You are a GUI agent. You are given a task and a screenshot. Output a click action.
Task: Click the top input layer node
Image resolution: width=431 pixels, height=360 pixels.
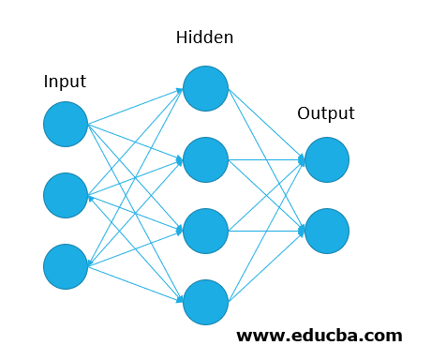(x=66, y=124)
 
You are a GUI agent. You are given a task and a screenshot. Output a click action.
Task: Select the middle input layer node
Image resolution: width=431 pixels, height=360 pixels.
(x=66, y=195)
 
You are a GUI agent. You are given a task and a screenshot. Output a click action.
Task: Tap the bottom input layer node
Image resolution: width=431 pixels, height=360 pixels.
(x=66, y=266)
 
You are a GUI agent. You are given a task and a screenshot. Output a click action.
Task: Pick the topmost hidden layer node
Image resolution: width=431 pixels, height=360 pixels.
(x=205, y=88)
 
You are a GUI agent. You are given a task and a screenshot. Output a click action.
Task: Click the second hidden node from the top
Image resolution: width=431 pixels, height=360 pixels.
(x=205, y=159)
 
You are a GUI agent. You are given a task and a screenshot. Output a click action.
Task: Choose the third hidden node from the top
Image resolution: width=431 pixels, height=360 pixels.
(x=205, y=231)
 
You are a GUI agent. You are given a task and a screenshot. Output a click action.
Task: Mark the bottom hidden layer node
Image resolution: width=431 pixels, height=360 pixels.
(x=205, y=302)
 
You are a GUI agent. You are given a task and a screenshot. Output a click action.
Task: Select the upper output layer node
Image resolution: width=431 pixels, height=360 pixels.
(x=327, y=159)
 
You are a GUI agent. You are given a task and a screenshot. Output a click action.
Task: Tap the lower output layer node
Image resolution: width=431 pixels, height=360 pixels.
(x=327, y=231)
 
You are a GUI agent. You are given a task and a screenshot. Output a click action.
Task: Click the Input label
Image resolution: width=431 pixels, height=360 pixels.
(x=65, y=82)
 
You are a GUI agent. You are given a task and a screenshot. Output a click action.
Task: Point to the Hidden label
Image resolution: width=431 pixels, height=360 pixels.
(x=204, y=38)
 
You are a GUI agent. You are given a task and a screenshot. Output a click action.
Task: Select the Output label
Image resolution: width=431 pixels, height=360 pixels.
(x=326, y=114)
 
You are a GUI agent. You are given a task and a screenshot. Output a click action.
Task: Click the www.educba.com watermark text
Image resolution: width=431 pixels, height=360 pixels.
(x=319, y=335)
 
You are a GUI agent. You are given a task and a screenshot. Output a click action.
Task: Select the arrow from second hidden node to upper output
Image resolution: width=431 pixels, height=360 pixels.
(x=267, y=159)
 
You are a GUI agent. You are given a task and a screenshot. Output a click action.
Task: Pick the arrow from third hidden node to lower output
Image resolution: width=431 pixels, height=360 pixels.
(x=267, y=231)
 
